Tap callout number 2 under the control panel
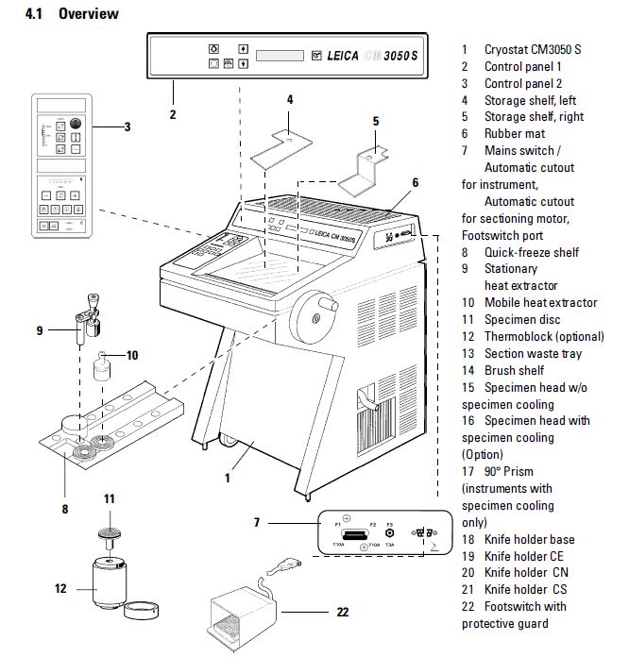point(173,115)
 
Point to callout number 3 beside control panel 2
point(127,126)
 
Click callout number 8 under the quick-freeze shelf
point(65,509)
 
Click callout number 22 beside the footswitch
point(342,612)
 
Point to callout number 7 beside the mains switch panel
point(256,522)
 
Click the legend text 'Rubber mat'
point(519,134)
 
